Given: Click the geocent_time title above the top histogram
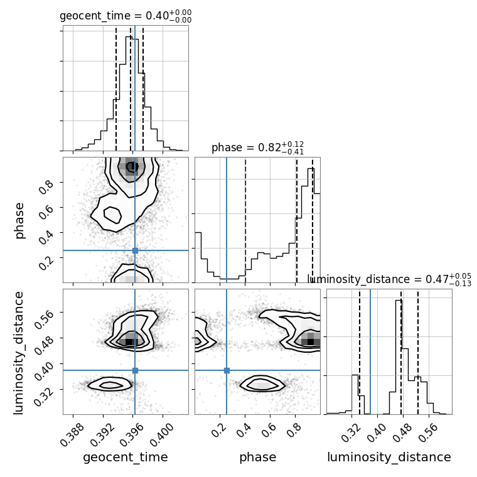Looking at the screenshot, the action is pyautogui.click(x=126, y=16).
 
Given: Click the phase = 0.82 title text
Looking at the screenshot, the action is pyautogui.click(x=257, y=147).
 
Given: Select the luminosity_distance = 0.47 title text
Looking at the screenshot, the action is pyautogui.click(x=389, y=279).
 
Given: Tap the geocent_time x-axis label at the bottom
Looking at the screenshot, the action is pyautogui.click(x=126, y=457).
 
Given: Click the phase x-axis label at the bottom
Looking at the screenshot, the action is pyautogui.click(x=258, y=457).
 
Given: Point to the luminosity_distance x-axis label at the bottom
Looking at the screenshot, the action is pyautogui.click(x=389, y=457).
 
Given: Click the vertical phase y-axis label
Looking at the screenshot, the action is pyautogui.click(x=19, y=220).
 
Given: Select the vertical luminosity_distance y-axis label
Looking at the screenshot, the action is pyautogui.click(x=18, y=352).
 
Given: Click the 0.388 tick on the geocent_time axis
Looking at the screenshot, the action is pyautogui.click(x=68, y=434).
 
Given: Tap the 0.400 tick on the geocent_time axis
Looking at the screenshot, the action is pyautogui.click(x=157, y=434).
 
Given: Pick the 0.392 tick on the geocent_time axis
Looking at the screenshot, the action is pyautogui.click(x=98, y=434).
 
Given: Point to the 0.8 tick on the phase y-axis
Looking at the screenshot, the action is pyautogui.click(x=46, y=186).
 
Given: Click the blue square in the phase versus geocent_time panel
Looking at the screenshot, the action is pyautogui.click(x=136, y=250).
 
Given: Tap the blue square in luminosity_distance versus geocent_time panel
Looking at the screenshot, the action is pyautogui.click(x=136, y=370).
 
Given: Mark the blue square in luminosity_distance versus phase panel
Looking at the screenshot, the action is pyautogui.click(x=227, y=370).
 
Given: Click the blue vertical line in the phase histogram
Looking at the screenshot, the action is pyautogui.click(x=227, y=220).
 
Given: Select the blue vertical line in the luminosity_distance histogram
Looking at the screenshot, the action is pyautogui.click(x=370, y=351).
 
